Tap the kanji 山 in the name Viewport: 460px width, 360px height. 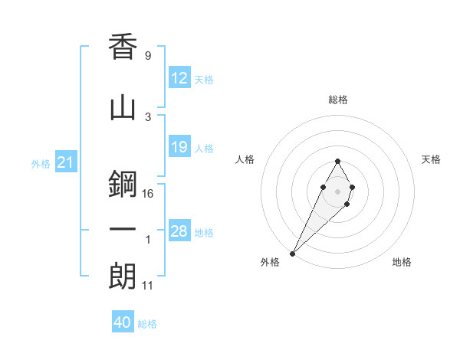(123, 108)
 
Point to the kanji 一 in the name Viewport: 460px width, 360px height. (123, 229)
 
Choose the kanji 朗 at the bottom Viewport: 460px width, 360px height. (123, 276)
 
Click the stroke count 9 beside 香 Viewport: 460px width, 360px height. (147, 56)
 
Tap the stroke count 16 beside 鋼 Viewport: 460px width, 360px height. (148, 194)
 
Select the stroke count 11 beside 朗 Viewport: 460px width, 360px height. (148, 286)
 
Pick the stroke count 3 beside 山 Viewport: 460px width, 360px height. (147, 116)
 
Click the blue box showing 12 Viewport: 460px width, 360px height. (179, 78)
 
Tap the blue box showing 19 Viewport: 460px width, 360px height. (179, 147)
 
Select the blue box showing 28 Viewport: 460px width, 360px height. (179, 231)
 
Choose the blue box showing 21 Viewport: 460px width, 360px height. (66, 162)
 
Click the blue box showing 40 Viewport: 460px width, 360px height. (123, 322)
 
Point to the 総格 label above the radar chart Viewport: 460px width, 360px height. (338, 100)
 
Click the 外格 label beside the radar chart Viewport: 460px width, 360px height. (270, 263)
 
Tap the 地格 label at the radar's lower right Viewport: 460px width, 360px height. (402, 263)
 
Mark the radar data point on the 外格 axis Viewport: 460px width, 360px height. (292, 253)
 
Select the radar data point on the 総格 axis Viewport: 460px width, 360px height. (337, 161)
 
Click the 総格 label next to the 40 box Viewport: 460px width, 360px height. (147, 324)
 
